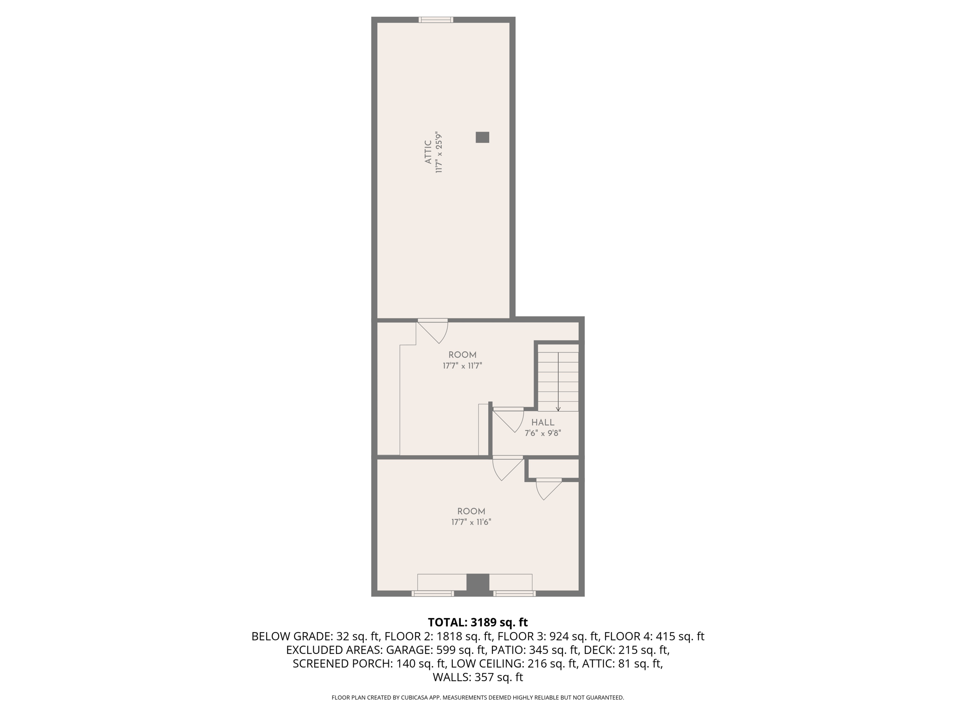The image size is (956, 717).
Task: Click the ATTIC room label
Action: (x=428, y=152)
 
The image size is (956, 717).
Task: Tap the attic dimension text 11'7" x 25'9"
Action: (x=439, y=152)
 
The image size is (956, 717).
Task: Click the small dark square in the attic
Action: (x=482, y=137)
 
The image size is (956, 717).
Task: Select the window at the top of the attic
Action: (x=436, y=20)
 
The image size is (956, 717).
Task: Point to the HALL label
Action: (x=542, y=422)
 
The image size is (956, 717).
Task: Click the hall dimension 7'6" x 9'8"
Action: (x=542, y=433)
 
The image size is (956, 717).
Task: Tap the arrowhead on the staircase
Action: (x=558, y=409)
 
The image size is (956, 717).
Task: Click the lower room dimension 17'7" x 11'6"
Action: (x=471, y=522)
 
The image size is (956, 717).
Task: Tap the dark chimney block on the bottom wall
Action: (x=478, y=584)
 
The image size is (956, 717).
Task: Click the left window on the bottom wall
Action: (x=432, y=593)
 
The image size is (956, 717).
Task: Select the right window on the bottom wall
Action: (x=514, y=593)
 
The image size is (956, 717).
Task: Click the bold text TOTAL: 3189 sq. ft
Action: (x=478, y=622)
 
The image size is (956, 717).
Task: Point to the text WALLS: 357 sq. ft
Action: (x=478, y=677)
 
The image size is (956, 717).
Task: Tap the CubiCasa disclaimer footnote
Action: (x=478, y=698)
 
